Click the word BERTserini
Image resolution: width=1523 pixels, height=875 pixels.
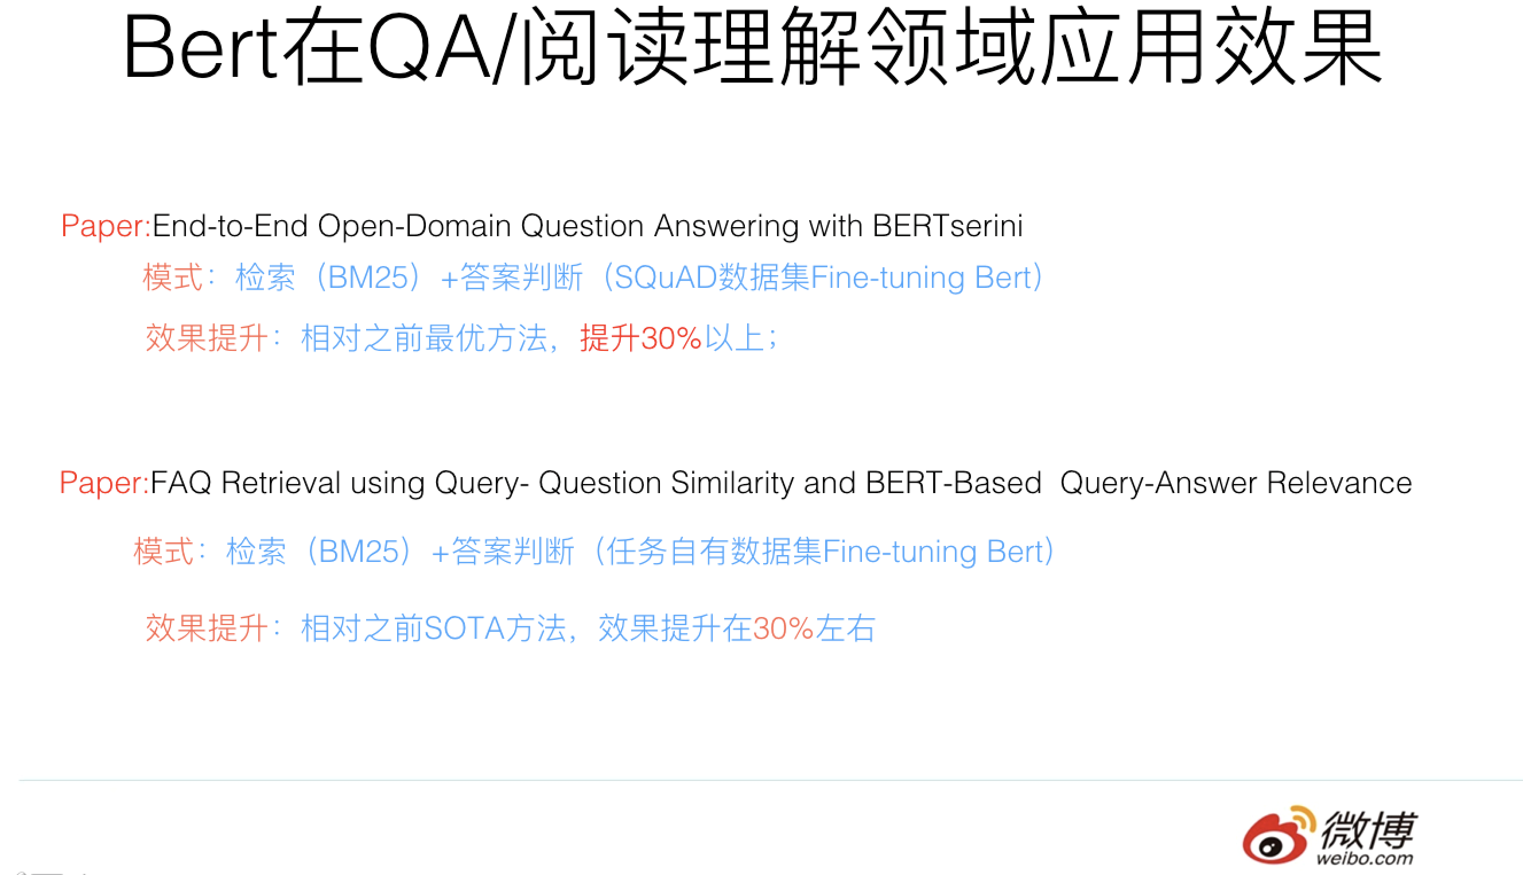947,226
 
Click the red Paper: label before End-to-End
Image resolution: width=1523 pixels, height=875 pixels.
106,226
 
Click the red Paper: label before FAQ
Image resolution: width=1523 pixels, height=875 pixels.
104,483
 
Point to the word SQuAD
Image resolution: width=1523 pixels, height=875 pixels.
666,278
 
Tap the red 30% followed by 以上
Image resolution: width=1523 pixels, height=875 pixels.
671,338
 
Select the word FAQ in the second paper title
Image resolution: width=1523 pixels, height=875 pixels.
180,483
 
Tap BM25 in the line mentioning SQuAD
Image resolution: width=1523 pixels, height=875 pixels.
368,278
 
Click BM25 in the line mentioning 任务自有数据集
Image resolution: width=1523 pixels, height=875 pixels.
359,552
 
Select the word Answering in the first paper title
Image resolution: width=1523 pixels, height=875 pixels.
726,226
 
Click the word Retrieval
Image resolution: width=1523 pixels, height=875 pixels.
281,483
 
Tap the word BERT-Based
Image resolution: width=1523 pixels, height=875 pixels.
954,483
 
